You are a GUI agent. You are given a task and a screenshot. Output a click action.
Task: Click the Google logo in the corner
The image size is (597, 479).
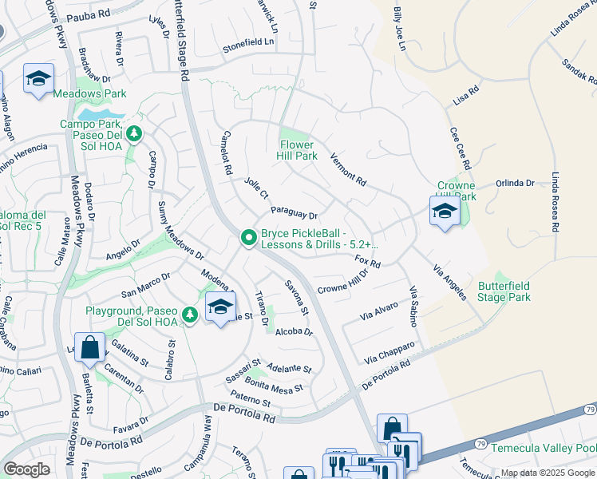coord(26,469)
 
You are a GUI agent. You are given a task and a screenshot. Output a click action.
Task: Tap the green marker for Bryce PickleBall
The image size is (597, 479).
coord(248,238)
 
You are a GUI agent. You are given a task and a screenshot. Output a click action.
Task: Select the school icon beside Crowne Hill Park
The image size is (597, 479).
coord(445,212)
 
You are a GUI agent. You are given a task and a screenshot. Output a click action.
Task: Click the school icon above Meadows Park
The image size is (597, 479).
coord(38,79)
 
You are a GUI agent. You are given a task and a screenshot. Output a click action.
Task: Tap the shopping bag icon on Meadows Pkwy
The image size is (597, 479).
coord(90,348)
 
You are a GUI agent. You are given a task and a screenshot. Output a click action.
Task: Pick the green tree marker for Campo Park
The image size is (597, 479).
coord(134,133)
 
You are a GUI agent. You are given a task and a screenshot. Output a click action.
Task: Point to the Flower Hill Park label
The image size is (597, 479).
coord(298,150)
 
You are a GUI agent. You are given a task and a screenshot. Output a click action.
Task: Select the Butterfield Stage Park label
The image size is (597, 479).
coord(504,291)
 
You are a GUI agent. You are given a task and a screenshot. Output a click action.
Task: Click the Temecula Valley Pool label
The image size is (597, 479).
coord(543,448)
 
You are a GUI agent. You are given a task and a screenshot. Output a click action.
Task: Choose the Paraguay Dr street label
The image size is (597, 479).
coord(294,213)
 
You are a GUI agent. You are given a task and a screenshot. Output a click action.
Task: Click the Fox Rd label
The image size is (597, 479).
coord(367,261)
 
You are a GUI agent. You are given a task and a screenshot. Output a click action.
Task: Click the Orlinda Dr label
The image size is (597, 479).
coord(515,183)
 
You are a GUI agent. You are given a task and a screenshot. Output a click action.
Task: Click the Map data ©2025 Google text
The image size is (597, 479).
coord(548,473)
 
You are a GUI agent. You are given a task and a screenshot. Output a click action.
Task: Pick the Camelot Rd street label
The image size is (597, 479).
coord(227,152)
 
